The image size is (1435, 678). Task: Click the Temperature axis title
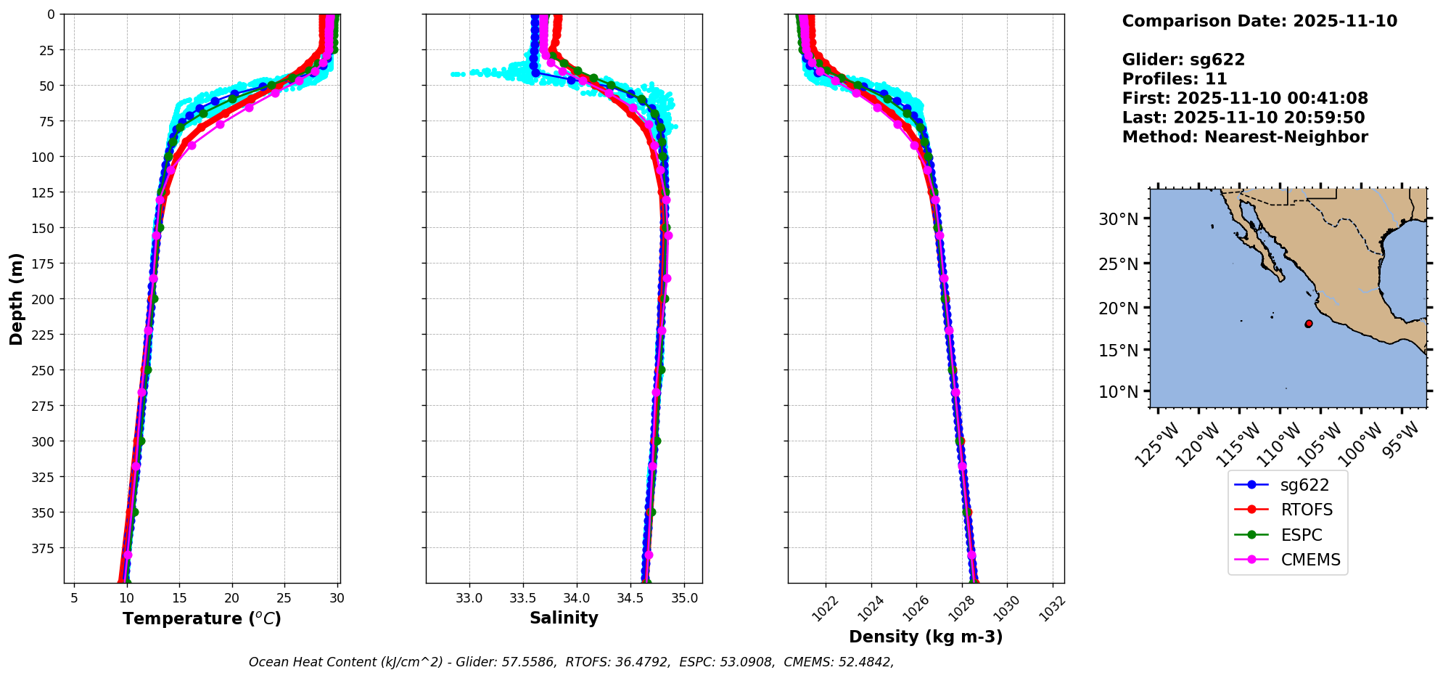202,618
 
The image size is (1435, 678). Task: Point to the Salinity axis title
564,618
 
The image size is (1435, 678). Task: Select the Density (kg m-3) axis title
926,637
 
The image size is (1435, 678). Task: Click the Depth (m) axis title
17,298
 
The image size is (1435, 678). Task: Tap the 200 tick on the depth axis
45,299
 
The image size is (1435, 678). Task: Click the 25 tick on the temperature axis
284,598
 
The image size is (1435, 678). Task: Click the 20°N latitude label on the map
1118,309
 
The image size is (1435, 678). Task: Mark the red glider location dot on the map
1308,324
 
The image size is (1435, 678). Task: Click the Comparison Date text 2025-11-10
1259,21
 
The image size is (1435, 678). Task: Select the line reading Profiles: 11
1174,79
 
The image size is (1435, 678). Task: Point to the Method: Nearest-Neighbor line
1244,137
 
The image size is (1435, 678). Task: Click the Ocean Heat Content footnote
571,662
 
